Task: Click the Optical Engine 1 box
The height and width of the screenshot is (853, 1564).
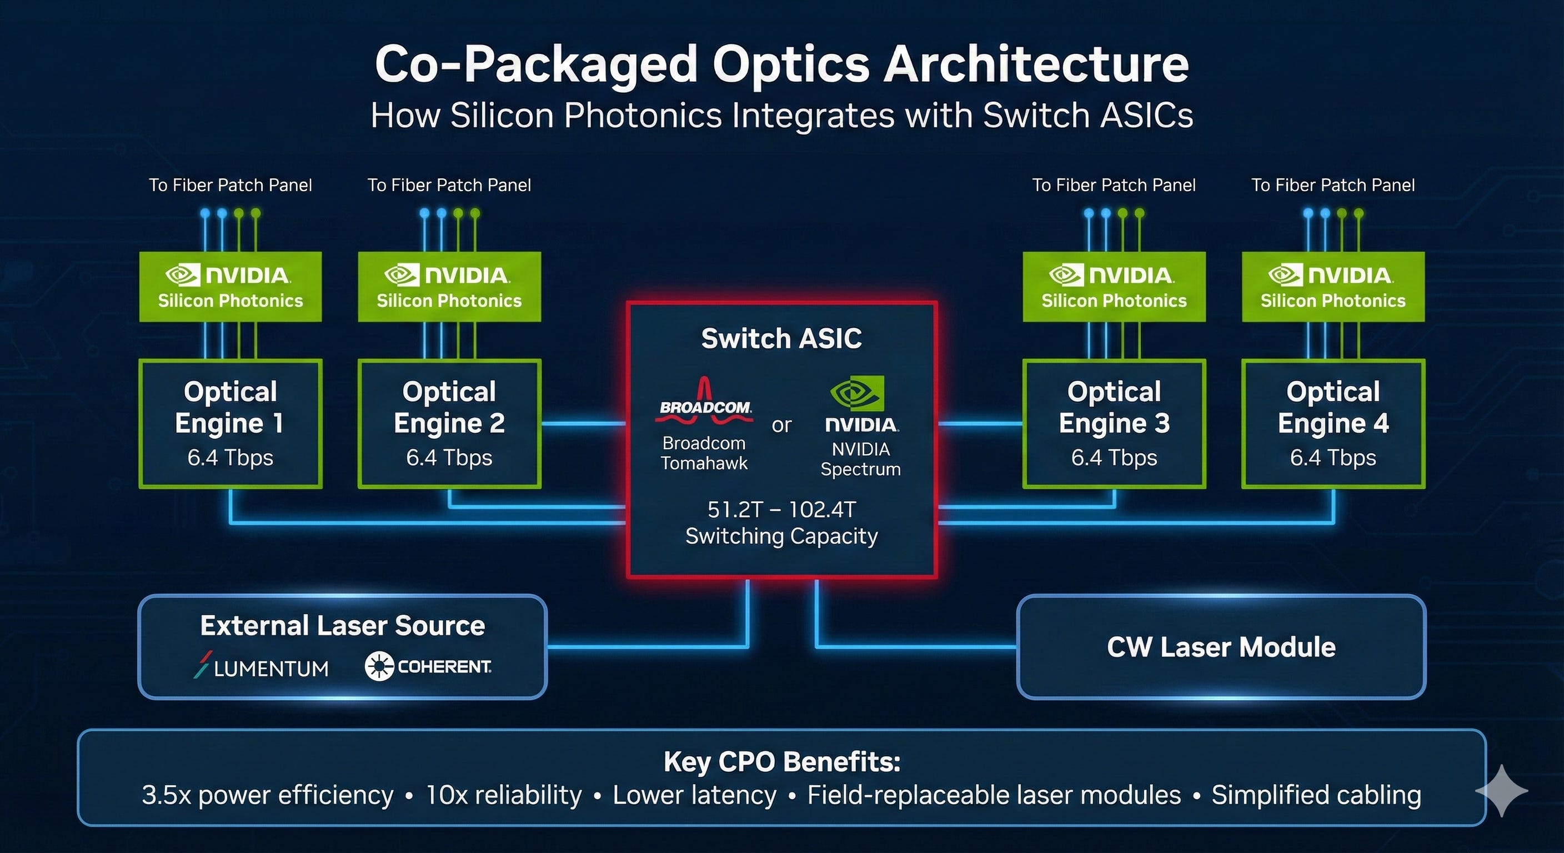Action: [x=230, y=424]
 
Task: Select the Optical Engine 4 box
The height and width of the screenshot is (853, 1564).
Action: [x=1334, y=424]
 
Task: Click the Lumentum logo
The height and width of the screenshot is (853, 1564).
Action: [x=261, y=665]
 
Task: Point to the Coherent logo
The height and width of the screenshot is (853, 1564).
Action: [x=428, y=666]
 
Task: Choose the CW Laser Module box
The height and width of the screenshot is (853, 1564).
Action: [x=1221, y=647]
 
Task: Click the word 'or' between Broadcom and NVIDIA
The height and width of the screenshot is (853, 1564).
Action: [x=781, y=425]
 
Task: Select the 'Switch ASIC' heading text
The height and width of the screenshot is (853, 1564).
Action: [x=781, y=338]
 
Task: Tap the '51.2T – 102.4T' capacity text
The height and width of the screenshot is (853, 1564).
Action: [x=781, y=509]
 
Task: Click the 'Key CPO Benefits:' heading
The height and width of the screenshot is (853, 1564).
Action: [x=781, y=761]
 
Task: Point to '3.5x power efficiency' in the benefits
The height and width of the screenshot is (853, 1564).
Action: [x=268, y=795]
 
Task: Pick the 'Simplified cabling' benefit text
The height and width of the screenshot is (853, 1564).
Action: [x=1316, y=795]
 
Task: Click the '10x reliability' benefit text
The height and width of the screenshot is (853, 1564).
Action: [x=503, y=795]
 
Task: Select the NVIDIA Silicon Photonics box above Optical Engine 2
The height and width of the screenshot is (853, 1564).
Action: [x=449, y=287]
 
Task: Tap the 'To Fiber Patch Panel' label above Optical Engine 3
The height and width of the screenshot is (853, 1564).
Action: [x=1114, y=184]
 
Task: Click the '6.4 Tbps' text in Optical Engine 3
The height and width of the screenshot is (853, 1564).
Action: [x=1114, y=457]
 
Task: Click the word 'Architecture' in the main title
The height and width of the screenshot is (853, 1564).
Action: [x=1036, y=64]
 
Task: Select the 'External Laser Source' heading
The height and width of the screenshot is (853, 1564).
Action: [x=343, y=625]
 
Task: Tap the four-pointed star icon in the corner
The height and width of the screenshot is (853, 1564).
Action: [x=1501, y=790]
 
